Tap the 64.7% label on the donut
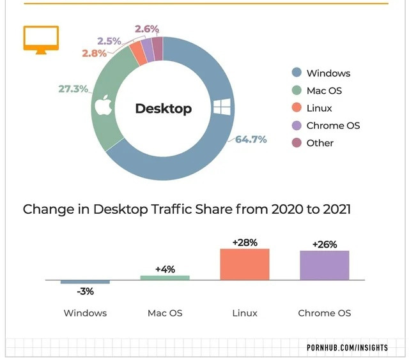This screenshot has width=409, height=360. (x=251, y=139)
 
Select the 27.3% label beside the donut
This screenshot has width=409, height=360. (x=73, y=89)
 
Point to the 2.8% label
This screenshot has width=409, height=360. (x=94, y=53)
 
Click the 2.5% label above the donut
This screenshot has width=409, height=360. (x=109, y=41)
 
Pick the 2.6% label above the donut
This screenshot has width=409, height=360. (x=147, y=29)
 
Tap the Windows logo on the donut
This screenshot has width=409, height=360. (x=221, y=107)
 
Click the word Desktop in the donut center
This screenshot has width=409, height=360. (x=163, y=109)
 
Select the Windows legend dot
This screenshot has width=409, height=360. (x=296, y=73)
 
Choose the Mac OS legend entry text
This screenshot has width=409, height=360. (x=324, y=91)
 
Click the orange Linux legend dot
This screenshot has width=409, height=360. (x=296, y=108)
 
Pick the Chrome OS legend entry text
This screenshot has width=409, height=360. (x=333, y=125)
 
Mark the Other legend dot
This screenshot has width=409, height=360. (x=296, y=143)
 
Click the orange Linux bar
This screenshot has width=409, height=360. (x=245, y=264)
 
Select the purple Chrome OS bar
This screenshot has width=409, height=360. (x=325, y=265)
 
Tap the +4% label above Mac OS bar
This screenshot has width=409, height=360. (x=165, y=269)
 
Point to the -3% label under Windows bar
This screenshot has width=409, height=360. (x=85, y=292)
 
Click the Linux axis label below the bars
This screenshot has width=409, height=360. (x=245, y=313)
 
